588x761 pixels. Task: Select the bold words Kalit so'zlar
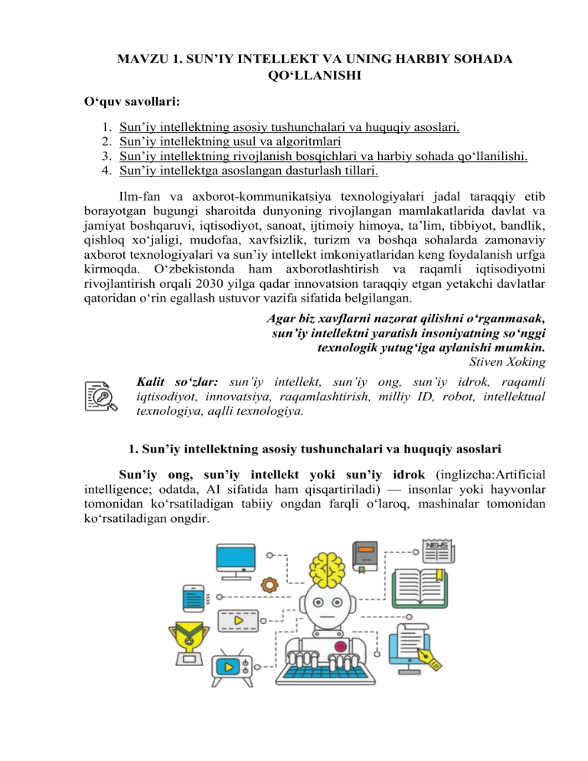tap(178, 380)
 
